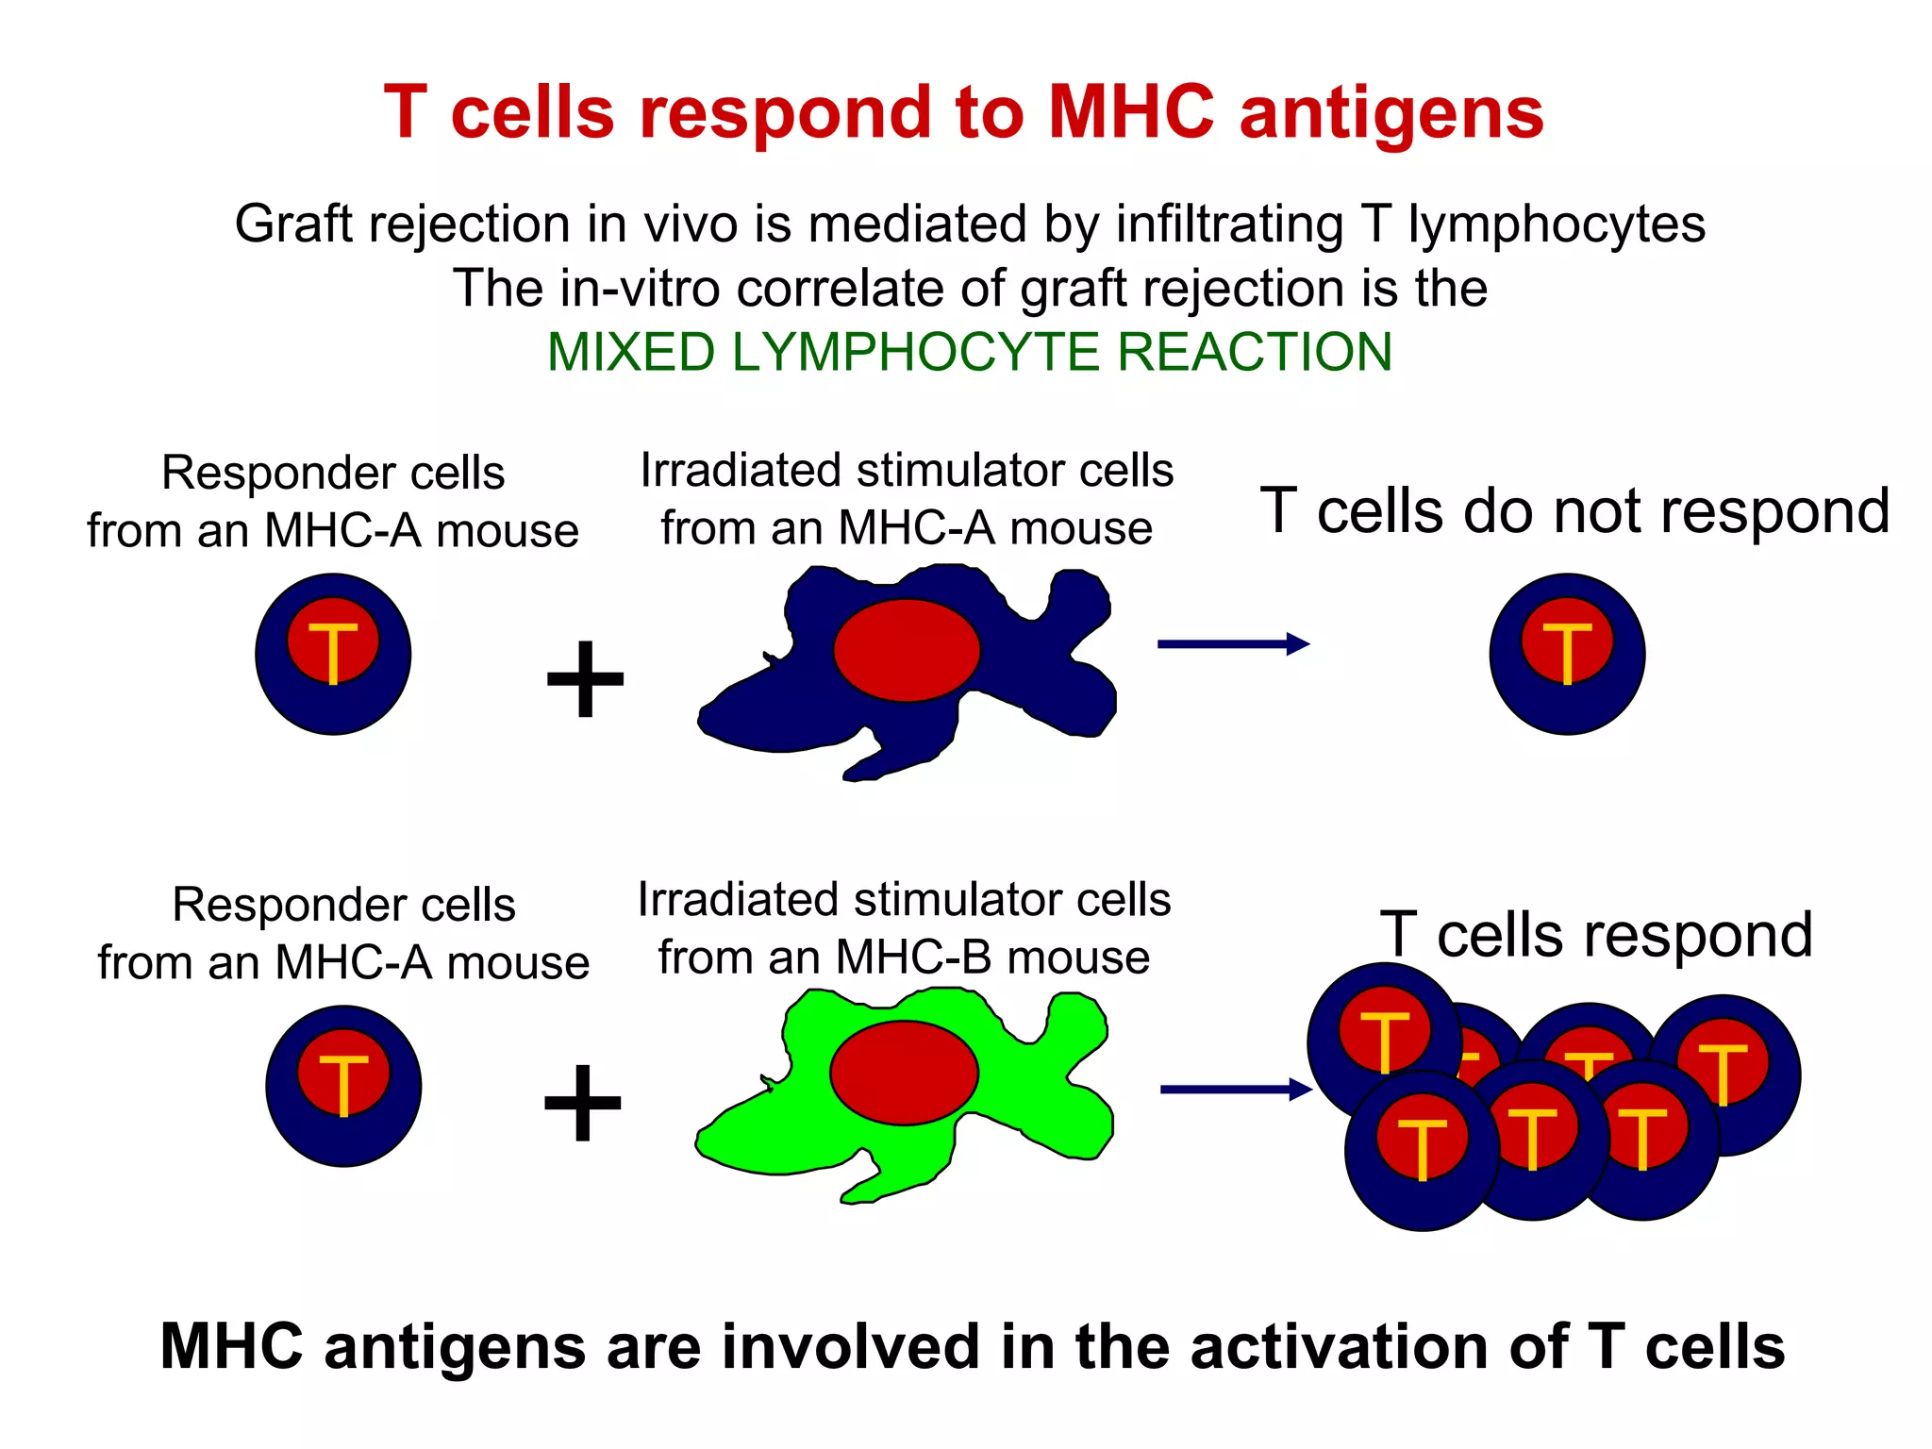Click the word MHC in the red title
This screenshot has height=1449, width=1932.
pyautogui.click(x=1131, y=113)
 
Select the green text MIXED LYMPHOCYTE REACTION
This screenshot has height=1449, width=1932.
pyautogui.click(x=970, y=352)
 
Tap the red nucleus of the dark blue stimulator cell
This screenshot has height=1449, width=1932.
pyautogui.click(x=907, y=650)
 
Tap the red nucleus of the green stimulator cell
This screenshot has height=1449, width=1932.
pyautogui.click(x=904, y=1073)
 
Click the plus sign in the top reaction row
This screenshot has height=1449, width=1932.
pyautogui.click(x=585, y=678)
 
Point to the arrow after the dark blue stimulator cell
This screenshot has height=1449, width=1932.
pyautogui.click(x=1233, y=644)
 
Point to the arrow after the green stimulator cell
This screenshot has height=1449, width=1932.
pyautogui.click(x=1235, y=1090)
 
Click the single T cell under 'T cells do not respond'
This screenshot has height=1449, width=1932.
pyautogui.click(x=1567, y=654)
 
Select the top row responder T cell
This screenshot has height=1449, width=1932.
pyautogui.click(x=333, y=654)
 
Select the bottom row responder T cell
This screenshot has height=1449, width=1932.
pyautogui.click(x=343, y=1086)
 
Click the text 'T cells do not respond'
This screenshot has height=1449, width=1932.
pyautogui.click(x=1574, y=511)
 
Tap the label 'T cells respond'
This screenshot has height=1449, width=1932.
pyautogui.click(x=1596, y=935)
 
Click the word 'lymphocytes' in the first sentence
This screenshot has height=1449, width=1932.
pyautogui.click(x=1557, y=225)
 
